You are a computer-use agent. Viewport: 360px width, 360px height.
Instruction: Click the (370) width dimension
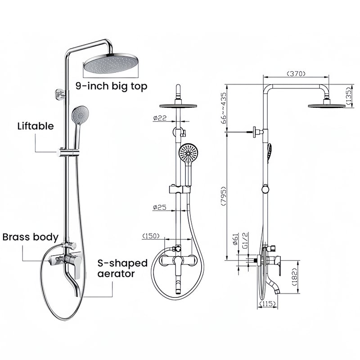coord(296,74)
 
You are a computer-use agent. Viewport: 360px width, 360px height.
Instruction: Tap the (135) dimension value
coord(348,96)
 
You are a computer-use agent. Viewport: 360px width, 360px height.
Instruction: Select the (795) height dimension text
coord(223,196)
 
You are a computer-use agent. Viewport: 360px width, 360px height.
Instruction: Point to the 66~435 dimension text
coord(223,108)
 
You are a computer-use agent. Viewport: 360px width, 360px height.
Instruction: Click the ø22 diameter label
coord(160,118)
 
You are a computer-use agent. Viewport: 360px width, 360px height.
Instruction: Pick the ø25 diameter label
coord(160,207)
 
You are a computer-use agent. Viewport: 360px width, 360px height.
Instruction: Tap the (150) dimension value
coord(151,236)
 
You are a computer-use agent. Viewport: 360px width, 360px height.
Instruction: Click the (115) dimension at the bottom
coord(267,304)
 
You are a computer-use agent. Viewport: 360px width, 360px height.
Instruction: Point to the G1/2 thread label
coord(245,240)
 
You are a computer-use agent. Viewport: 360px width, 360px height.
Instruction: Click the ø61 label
coord(236,239)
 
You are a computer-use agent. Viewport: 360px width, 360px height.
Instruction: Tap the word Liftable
coord(36,126)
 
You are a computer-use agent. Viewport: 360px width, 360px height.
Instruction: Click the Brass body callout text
coord(31,237)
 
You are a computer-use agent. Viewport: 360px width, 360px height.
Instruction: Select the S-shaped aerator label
coord(122,268)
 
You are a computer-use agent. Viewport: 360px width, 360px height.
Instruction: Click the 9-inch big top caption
coord(111,86)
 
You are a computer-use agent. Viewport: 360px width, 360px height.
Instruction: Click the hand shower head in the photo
coord(80,114)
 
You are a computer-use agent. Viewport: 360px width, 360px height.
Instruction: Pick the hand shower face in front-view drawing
coord(188,153)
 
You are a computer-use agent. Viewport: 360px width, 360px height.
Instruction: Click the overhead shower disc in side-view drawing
coord(327,106)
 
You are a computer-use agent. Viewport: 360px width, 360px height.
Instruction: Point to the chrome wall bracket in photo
coord(60,94)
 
